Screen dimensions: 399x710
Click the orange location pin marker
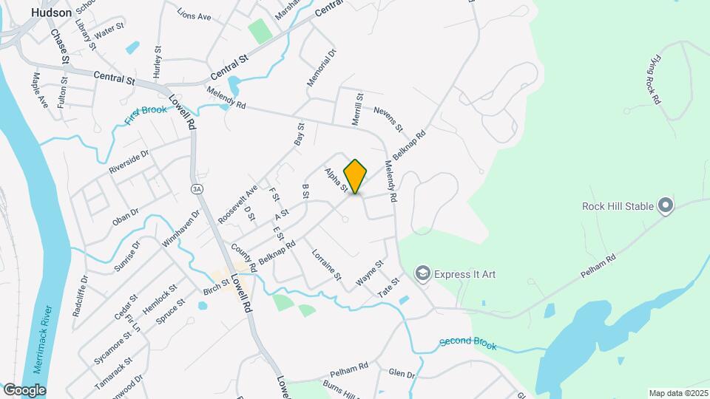pos(356,176)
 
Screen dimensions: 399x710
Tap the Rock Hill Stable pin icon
pos(666,205)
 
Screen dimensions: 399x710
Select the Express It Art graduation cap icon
pos(423,274)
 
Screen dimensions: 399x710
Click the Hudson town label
pos(53,13)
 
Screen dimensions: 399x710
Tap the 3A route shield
pos(196,189)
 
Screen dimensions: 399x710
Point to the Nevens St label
pos(388,119)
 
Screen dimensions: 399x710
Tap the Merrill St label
pos(359,108)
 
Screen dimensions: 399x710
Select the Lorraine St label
pos(326,265)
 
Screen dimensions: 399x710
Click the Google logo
pos(24,389)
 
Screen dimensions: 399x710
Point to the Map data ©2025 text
pos(677,393)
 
